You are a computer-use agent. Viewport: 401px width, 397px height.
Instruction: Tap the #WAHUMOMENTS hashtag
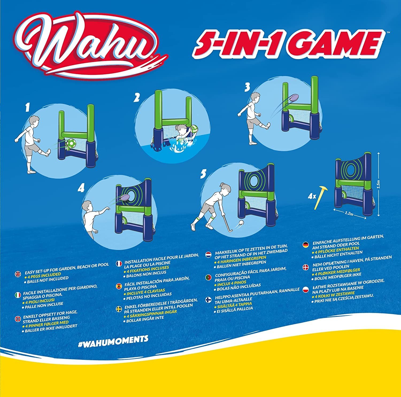pos(113,339)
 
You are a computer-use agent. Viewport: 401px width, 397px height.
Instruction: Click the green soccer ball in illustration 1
pos(71,144)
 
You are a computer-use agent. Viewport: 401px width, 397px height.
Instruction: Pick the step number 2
pos(137,98)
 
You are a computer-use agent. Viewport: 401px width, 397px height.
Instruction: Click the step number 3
pos(247,87)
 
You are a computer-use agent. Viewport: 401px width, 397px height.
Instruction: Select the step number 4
pos(81,188)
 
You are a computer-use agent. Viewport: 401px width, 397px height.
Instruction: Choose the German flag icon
pos(305,244)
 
